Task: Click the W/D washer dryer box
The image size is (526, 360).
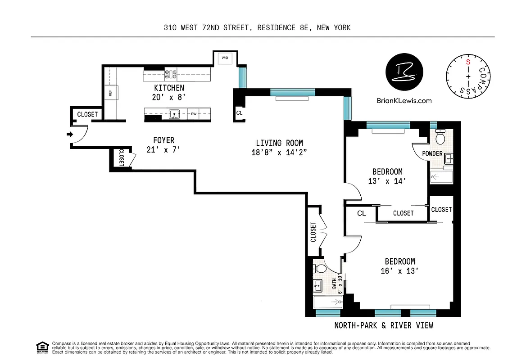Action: tap(225, 58)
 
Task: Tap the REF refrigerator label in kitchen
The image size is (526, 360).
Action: tap(110, 93)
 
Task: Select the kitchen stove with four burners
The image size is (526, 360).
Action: tap(171, 74)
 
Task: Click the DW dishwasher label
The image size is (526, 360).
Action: tap(194, 114)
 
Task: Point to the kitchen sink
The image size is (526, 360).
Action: tap(174, 113)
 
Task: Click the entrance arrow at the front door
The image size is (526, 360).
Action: tap(69, 134)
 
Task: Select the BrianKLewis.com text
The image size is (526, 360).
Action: tap(404, 101)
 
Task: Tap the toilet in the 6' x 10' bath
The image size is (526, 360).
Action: tap(321, 269)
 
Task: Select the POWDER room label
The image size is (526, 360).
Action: tap(432, 153)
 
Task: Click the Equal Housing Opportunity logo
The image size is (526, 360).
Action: tap(42, 346)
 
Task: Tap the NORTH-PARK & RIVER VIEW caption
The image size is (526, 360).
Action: tap(383, 325)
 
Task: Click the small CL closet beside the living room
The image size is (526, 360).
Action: tap(239, 113)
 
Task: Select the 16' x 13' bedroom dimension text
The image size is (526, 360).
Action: tap(399, 271)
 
